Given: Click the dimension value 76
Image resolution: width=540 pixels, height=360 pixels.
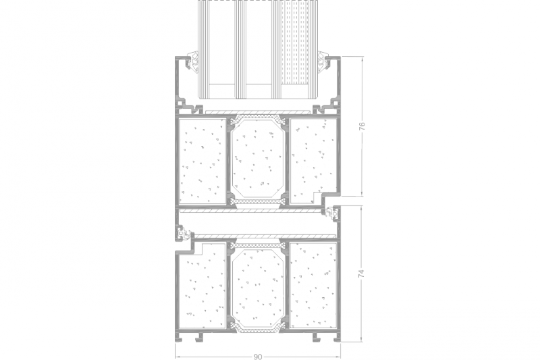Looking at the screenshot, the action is point(362,126).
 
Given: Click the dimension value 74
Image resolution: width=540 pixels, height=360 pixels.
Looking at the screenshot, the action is point(361,274).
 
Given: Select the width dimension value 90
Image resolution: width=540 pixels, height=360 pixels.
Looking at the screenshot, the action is point(258,357).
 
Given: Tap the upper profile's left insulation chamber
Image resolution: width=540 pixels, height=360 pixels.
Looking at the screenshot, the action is point(202,161).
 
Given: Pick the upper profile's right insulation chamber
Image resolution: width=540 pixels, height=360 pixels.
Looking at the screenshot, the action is point(313,161).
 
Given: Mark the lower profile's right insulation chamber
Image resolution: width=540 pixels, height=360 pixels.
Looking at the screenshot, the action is point(313,285).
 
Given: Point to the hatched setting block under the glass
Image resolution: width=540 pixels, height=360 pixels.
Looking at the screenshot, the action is point(256,112).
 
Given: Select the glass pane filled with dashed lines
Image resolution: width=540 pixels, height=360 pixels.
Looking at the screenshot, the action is point(295,49).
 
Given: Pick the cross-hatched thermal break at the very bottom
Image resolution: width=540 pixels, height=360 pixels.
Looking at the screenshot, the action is point(257,330).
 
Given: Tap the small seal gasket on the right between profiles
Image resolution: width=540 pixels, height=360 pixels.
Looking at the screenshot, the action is point(332,213).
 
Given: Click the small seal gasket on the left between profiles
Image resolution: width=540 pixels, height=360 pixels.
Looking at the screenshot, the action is point(183,234).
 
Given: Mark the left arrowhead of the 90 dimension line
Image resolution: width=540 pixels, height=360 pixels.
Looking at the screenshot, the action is point(177,357).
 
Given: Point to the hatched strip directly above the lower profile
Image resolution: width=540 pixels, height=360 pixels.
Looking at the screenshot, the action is point(264,236).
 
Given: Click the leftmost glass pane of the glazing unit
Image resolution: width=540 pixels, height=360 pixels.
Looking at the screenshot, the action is point(204,49).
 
